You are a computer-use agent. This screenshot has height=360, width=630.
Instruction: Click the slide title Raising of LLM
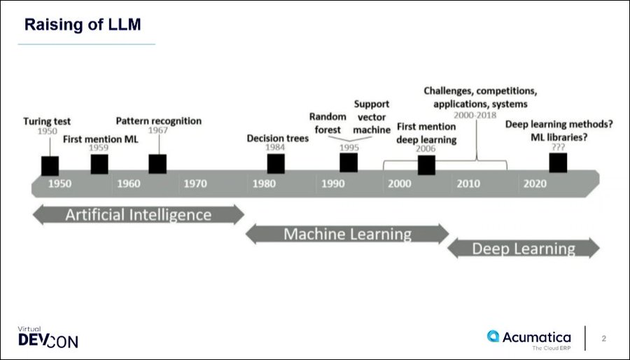pos(83,25)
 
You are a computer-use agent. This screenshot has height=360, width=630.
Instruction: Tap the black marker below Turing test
pos(50,166)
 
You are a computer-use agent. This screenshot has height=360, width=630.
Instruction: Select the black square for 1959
pos(99,164)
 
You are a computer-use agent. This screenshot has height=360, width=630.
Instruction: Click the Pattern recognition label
pos(159,121)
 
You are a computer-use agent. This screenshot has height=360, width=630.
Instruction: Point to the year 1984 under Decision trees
pos(275,147)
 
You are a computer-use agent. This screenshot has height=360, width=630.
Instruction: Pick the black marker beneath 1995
pos(349,162)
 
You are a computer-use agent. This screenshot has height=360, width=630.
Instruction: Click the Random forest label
pos(328,123)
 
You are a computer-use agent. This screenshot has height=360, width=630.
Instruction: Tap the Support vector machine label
pos(372,117)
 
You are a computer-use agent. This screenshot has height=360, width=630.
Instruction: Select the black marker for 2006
pos(426,165)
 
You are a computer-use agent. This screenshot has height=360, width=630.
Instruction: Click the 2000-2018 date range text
pos(475,116)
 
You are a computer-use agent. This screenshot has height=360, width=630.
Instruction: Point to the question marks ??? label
pos(558,147)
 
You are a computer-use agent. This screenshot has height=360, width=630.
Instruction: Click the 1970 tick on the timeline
pos(195,184)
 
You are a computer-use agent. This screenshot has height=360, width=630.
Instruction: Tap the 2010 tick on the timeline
pos(468,184)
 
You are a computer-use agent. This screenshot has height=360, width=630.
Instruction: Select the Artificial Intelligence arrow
pos(138,214)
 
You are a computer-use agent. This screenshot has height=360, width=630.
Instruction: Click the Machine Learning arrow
pos(347,234)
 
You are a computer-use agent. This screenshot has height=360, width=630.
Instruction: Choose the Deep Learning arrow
pos(523,249)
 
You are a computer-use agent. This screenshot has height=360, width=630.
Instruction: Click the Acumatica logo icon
pos(493,336)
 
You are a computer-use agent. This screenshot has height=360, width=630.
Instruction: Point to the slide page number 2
pos(603,338)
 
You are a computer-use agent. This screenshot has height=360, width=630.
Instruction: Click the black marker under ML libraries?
pos(558,162)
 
